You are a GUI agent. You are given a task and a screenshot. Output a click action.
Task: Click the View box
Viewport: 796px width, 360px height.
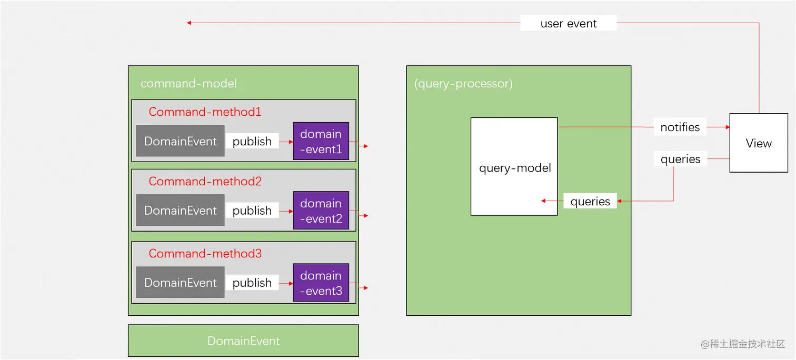pos(758,143)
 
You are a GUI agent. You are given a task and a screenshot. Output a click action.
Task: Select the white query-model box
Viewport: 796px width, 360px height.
pos(514,166)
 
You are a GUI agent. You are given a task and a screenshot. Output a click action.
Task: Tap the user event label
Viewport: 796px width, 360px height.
pos(568,24)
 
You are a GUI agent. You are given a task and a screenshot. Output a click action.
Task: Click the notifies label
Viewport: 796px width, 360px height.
pos(680,127)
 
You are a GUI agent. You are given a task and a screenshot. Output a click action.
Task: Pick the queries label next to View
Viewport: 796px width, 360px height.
pos(680,159)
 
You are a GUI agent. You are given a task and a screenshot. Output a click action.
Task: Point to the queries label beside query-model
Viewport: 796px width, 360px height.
pos(590,202)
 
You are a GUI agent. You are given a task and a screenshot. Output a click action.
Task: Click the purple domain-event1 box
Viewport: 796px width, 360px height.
pos(321,142)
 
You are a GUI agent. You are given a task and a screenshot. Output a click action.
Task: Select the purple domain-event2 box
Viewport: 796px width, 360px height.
pos(321,211)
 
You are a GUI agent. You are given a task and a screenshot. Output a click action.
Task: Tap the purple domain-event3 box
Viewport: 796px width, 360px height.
pos(321,283)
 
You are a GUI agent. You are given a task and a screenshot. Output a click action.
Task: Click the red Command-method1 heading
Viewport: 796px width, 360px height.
pos(205,112)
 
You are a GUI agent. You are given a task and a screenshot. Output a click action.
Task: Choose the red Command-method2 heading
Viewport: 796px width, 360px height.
pos(205,182)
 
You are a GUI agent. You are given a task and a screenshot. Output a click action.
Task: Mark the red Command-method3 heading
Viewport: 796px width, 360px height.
pos(205,254)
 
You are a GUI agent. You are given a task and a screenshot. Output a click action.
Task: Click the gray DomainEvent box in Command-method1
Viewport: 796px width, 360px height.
pos(180,141)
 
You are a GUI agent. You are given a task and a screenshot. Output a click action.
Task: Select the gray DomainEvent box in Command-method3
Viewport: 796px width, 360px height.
pos(180,283)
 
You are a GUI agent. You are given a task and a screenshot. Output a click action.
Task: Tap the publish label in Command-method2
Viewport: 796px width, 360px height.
pos(252,211)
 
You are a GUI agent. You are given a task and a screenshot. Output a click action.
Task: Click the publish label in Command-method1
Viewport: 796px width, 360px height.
pos(252,142)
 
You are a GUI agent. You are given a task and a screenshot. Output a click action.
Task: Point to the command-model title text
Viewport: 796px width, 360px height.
pos(188,84)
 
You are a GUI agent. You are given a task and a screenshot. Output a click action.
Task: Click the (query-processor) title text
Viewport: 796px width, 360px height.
pos(463,84)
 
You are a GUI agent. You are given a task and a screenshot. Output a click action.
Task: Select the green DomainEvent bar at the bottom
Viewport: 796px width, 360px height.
pos(243,341)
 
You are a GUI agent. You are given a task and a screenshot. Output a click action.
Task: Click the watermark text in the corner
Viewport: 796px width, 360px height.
pos(742,344)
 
